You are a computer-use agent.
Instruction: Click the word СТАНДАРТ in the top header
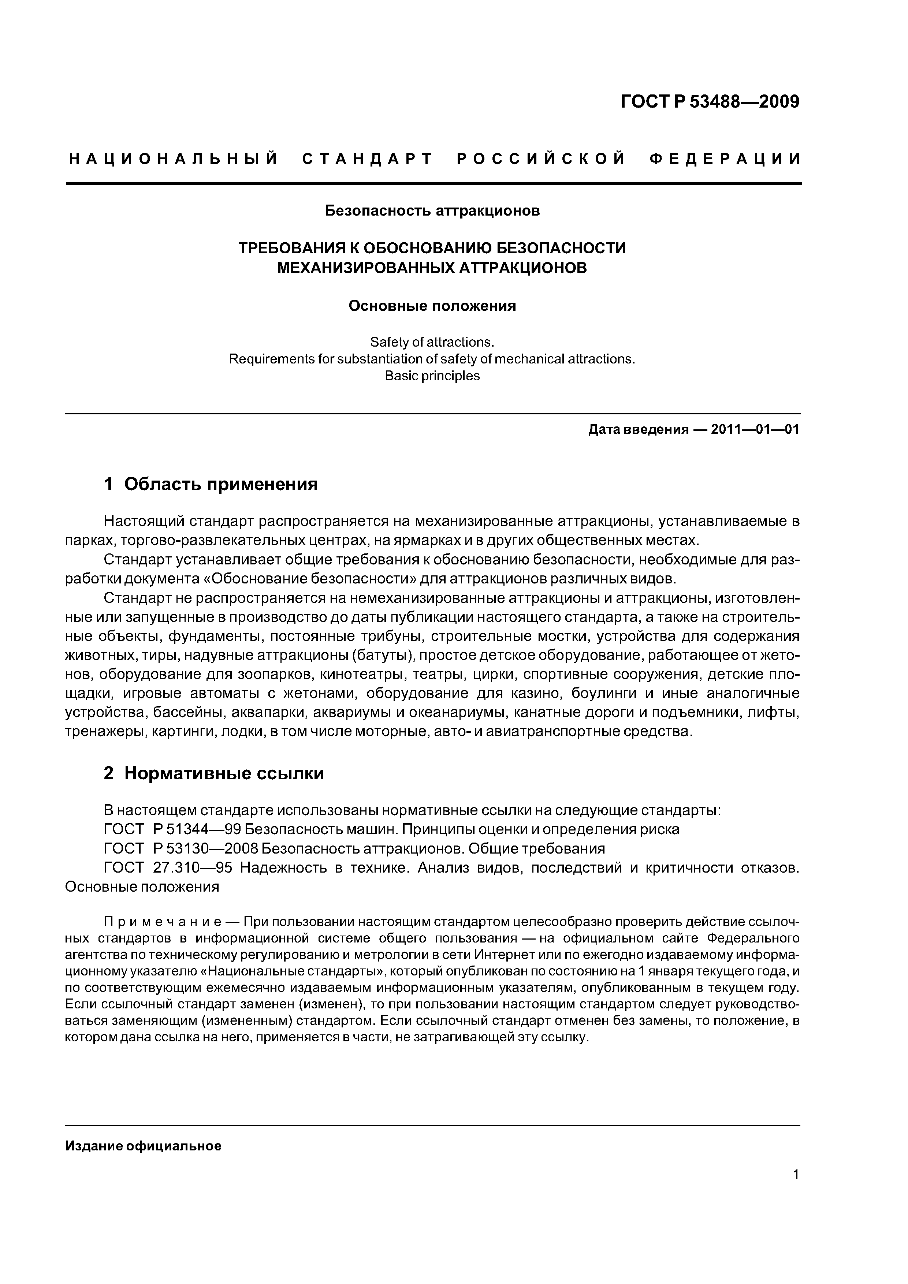[x=368, y=159]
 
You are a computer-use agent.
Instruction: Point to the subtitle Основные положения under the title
[x=432, y=306]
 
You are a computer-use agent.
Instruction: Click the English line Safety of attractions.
[x=432, y=342]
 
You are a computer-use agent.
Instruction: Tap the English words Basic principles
[x=432, y=376]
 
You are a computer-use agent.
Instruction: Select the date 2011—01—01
[x=755, y=429]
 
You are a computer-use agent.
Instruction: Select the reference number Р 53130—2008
[x=205, y=849]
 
